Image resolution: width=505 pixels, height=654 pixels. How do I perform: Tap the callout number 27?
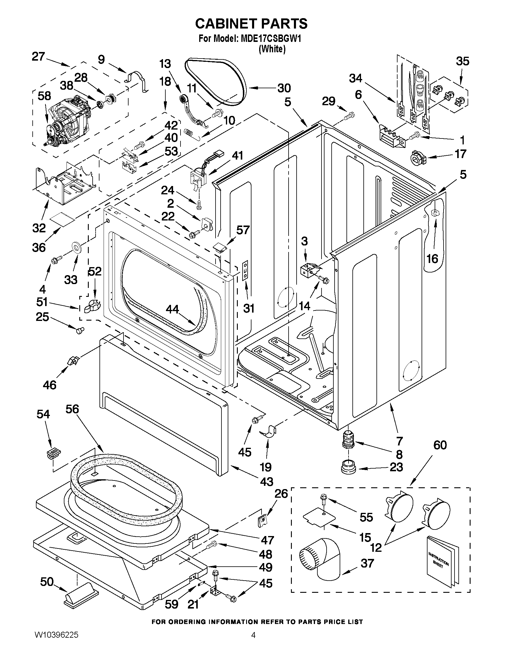tap(38, 56)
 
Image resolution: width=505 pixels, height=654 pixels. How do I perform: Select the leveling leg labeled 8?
tap(348, 439)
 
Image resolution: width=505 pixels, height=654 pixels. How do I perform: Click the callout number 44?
tap(172, 309)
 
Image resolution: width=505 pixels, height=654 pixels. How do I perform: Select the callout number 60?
tap(440, 445)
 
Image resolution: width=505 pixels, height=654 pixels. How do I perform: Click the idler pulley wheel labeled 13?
tap(182, 99)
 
